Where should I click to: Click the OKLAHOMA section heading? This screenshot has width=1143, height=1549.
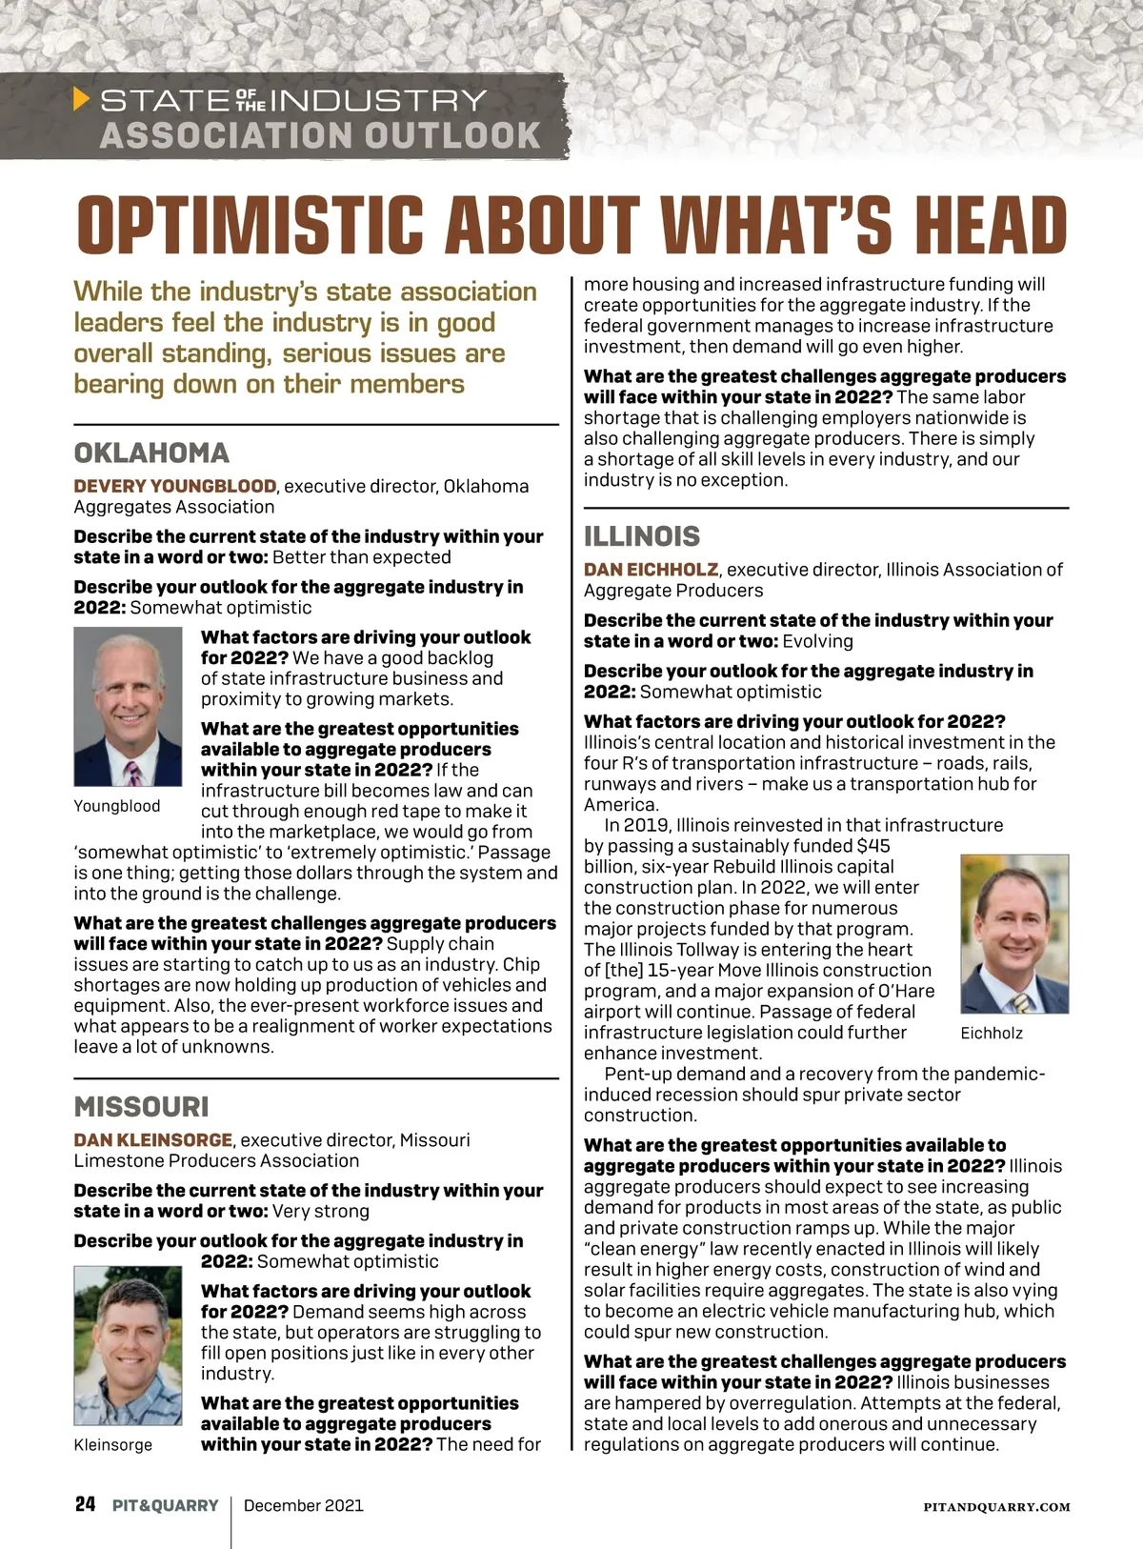click(151, 453)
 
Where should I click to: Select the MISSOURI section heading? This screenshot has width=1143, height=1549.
click(141, 1107)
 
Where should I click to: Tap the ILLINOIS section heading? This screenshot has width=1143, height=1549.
click(641, 536)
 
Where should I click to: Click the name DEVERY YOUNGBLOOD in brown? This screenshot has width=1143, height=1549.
click(175, 486)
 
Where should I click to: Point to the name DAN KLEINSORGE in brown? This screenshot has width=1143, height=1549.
click(153, 1139)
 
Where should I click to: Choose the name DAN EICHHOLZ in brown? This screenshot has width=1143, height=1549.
click(651, 570)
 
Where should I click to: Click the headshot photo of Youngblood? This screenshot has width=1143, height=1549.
click(128, 706)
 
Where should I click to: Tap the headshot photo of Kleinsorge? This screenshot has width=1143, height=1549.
click(128, 1345)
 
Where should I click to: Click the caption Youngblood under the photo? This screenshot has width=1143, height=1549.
click(116, 806)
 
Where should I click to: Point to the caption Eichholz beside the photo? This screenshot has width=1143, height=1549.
click(992, 1033)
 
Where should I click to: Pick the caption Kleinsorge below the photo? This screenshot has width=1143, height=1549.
click(112, 1445)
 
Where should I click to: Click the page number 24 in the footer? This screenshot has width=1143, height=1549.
click(86, 1504)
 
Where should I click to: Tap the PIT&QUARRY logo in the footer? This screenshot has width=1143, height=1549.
click(165, 1506)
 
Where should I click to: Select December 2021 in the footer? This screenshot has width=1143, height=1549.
click(303, 1506)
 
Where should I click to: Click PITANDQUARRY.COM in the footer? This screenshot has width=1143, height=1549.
click(996, 1507)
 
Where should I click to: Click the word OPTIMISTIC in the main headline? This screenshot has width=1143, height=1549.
click(250, 225)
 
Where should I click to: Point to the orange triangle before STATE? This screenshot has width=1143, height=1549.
click(82, 99)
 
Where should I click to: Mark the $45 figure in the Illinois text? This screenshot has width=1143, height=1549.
click(873, 846)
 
